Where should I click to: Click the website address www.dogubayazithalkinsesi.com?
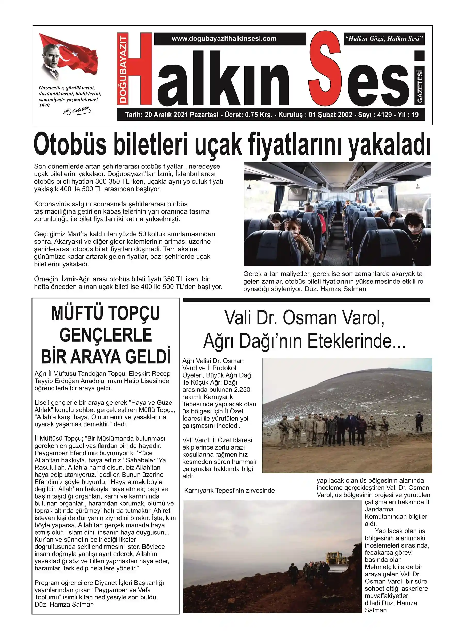click(x=224, y=39)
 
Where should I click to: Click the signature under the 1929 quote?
click(x=77, y=111)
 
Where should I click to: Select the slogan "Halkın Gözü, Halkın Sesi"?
click(x=384, y=39)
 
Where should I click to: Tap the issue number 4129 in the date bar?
click(x=384, y=115)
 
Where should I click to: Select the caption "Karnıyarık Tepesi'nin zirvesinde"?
click(x=229, y=491)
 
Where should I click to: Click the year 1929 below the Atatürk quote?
click(x=44, y=105)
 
